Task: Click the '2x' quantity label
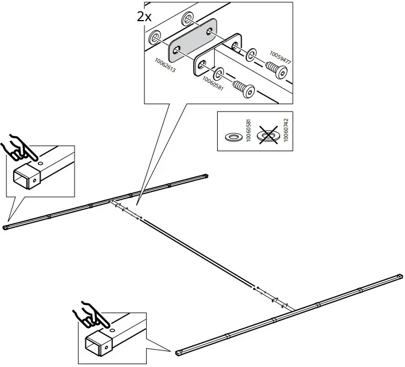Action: [144, 16]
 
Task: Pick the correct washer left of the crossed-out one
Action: [234, 136]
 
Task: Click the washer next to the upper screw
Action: [250, 56]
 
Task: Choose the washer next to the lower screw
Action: [219, 74]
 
